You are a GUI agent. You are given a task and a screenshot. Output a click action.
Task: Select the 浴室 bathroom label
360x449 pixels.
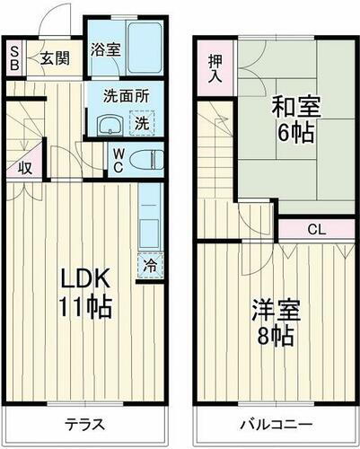tap(105, 50)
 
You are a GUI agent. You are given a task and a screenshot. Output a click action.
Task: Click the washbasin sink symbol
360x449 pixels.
tap(110, 125)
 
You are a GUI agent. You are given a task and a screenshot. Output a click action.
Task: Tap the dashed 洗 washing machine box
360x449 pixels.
tap(142, 123)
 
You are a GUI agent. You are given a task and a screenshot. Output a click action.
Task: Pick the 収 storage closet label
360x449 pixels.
tap(26, 167)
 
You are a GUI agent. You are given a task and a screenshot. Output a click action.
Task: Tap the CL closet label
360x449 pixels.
tap(316, 229)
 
